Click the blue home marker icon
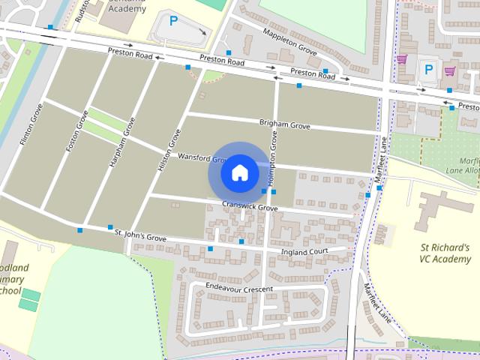point(239,172)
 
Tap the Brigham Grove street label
point(284,125)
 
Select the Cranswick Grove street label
point(244,205)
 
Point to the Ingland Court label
point(304,252)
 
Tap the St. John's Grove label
point(140,237)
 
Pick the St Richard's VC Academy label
point(444,253)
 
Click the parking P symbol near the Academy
point(174,21)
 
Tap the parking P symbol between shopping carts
point(428,69)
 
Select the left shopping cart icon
point(402,58)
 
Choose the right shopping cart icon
point(449,71)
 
